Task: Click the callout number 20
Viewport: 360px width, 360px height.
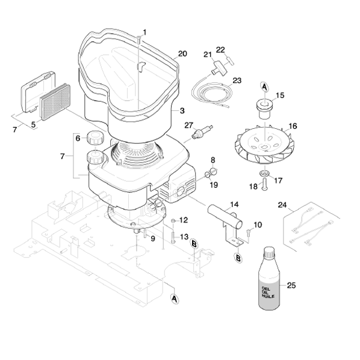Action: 182,54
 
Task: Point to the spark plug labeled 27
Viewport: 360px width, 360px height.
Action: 203,131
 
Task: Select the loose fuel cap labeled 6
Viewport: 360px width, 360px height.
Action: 95,137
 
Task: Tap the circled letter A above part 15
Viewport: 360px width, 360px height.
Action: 265,87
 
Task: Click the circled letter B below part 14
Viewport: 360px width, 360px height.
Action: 238,258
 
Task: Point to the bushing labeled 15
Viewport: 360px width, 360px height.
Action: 264,109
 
